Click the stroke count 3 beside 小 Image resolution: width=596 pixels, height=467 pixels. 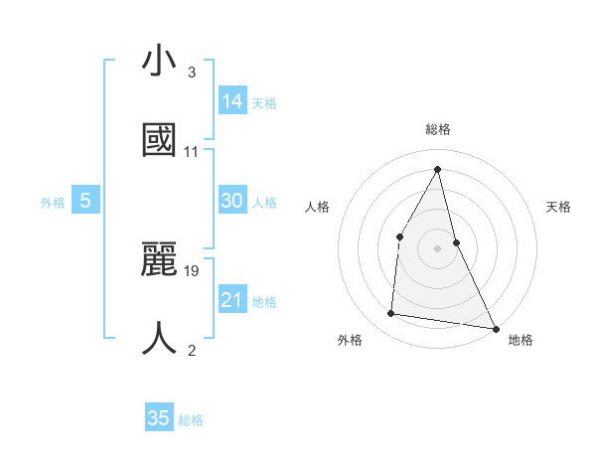click(192, 73)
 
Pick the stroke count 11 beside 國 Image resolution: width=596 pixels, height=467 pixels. click(192, 152)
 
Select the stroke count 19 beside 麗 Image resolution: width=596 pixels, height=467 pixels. click(193, 270)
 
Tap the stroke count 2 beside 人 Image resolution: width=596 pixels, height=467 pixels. click(192, 350)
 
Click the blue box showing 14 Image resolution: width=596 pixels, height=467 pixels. click(232, 100)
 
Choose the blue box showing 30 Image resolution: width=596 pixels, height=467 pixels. click(232, 201)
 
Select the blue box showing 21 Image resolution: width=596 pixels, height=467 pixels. click(232, 300)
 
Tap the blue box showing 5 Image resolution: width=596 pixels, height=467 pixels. click(85, 201)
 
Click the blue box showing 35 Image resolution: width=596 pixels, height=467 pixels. click(159, 418)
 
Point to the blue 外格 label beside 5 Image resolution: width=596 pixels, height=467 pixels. click(53, 203)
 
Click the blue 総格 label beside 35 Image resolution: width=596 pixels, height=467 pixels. click(191, 420)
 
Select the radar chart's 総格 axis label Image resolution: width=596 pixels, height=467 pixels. click(438, 129)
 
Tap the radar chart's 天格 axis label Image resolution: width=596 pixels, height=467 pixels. click(559, 207)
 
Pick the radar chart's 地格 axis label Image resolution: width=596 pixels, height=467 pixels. click(521, 341)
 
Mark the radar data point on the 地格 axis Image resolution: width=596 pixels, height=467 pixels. click(495, 327)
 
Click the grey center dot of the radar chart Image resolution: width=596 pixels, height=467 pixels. click(437, 248)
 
